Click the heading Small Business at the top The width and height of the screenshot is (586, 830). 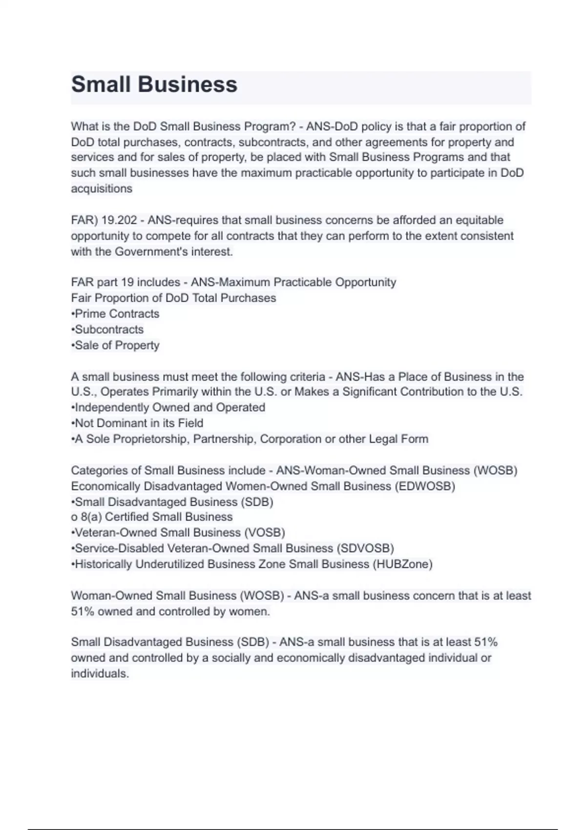point(154,84)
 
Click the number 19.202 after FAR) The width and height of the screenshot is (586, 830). point(119,220)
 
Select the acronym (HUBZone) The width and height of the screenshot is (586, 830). point(402,564)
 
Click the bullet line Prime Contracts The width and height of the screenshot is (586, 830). point(116,314)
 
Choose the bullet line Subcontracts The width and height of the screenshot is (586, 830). point(108,330)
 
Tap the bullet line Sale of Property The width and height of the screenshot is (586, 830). point(116,346)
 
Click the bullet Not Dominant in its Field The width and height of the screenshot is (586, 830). point(138,423)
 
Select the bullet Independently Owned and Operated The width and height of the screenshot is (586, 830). point(169,408)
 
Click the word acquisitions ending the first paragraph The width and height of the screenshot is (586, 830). point(102,189)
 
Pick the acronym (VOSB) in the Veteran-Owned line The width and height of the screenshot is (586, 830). point(264,533)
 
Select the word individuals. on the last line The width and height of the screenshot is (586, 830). point(100,674)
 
